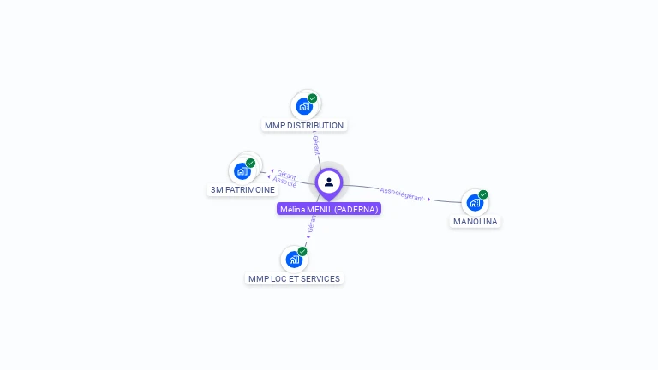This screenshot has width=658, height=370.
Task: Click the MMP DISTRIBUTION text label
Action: pyautogui.click(x=304, y=126)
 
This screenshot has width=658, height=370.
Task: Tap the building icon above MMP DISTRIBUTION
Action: pyautogui.click(x=303, y=106)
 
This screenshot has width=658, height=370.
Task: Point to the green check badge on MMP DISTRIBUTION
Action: pyautogui.click(x=313, y=98)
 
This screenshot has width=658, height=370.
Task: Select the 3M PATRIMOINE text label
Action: pyautogui.click(x=242, y=190)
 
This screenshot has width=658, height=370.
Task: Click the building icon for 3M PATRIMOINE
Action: pyautogui.click(x=242, y=171)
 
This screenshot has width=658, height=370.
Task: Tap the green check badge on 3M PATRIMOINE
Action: pyautogui.click(x=250, y=163)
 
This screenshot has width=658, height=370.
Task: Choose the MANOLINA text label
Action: pyautogui.click(x=475, y=222)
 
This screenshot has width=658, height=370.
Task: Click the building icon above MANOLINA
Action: pyautogui.click(x=474, y=203)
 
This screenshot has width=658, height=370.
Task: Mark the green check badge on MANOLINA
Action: pyautogui.click(x=483, y=194)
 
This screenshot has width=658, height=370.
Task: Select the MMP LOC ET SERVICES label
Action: pyautogui.click(x=294, y=279)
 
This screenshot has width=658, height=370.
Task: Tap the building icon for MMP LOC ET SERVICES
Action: pyautogui.click(x=294, y=259)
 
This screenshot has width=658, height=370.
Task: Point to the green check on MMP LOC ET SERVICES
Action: pyautogui.click(x=302, y=251)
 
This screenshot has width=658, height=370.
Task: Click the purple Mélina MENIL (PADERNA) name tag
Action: pyautogui.click(x=329, y=209)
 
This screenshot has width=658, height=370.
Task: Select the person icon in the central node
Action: pyautogui.click(x=329, y=182)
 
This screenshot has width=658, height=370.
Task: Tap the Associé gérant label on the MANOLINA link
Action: pyautogui.click(x=401, y=194)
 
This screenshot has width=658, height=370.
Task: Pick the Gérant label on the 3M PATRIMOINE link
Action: pyautogui.click(x=286, y=174)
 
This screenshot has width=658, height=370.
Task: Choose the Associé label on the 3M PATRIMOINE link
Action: pyautogui.click(x=284, y=182)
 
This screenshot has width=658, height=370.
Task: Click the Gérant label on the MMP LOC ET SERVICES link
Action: pyautogui.click(x=311, y=225)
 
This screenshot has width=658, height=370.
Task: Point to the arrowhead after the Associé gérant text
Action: pyautogui.click(x=429, y=199)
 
